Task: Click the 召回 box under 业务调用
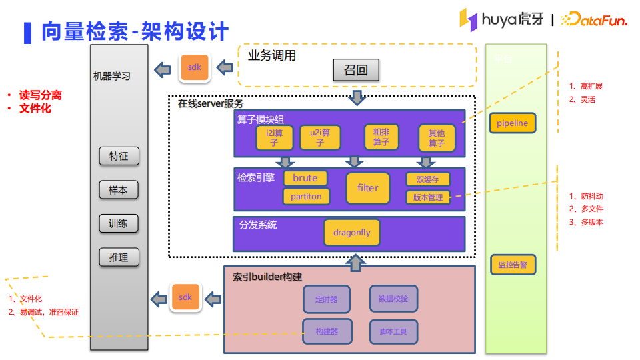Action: point(356,69)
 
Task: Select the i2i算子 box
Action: point(273,137)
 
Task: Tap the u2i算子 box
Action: point(319,137)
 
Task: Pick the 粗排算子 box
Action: point(381,137)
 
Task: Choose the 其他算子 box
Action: point(436,138)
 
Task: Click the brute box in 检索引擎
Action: point(305,178)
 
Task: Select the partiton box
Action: point(306,196)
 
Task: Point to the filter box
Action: point(367,188)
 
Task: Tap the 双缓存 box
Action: point(427,179)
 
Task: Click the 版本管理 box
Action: point(427,197)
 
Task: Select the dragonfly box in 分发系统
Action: point(352,233)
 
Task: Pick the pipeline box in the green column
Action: point(512,123)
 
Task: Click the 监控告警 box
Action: point(513,265)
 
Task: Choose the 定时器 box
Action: point(326,299)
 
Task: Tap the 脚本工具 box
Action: point(393,331)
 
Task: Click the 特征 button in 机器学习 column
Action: point(119,157)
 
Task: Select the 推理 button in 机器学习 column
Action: point(119,257)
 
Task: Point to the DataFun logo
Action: point(594,21)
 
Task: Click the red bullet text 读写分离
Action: point(40,95)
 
